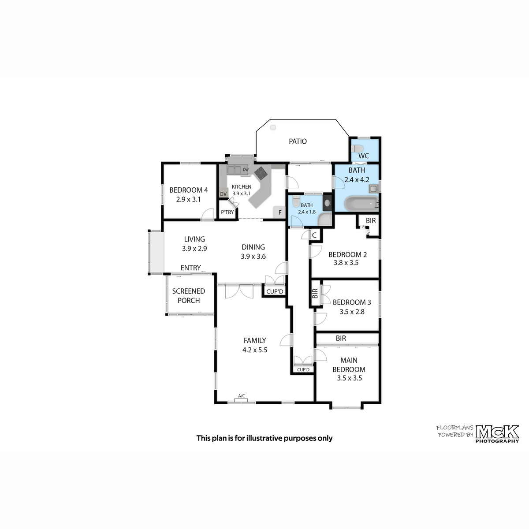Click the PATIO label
[x=298, y=142]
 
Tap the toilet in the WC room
[x=358, y=149]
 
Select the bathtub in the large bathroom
[x=361, y=203]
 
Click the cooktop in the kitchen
[x=261, y=173]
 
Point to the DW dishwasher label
[x=246, y=170]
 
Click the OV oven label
[x=223, y=194]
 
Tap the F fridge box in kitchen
[x=280, y=212]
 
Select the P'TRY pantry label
[x=227, y=212]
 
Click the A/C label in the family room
[x=242, y=395]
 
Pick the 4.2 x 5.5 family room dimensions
[x=255, y=350]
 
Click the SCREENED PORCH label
[x=189, y=296]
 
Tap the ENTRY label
[x=190, y=268]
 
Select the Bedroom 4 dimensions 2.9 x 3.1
[x=189, y=199]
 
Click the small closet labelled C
[x=315, y=235]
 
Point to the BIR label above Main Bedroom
[x=341, y=339]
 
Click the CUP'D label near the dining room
[x=275, y=291]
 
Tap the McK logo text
[x=497, y=432]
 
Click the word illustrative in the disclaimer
[x=264, y=438]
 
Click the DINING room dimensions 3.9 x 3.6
[x=253, y=257]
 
